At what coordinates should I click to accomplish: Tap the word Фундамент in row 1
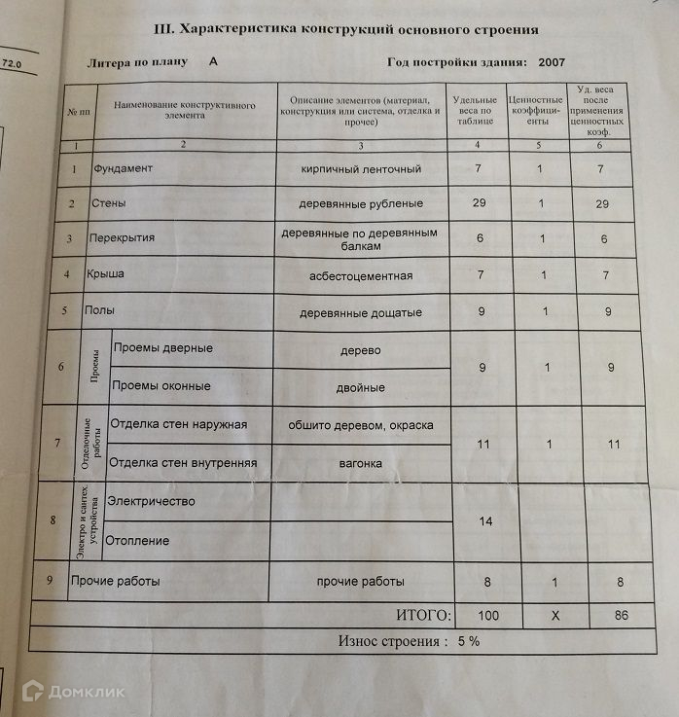tap(123, 168)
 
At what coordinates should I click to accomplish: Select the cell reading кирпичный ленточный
tap(361, 169)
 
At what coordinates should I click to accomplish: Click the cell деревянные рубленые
tap(362, 204)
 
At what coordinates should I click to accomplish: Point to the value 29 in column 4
tap(478, 204)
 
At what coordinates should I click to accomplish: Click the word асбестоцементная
tap(362, 276)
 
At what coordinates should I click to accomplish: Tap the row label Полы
tap(104, 312)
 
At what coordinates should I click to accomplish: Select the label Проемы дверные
tap(162, 349)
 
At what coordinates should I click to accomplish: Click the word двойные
tap(362, 388)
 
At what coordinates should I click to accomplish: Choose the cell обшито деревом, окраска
tap(362, 425)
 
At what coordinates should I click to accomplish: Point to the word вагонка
tap(362, 463)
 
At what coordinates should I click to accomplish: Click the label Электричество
tap(151, 502)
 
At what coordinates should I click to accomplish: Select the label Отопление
tap(137, 541)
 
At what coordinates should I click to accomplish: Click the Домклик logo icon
tap(32, 692)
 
